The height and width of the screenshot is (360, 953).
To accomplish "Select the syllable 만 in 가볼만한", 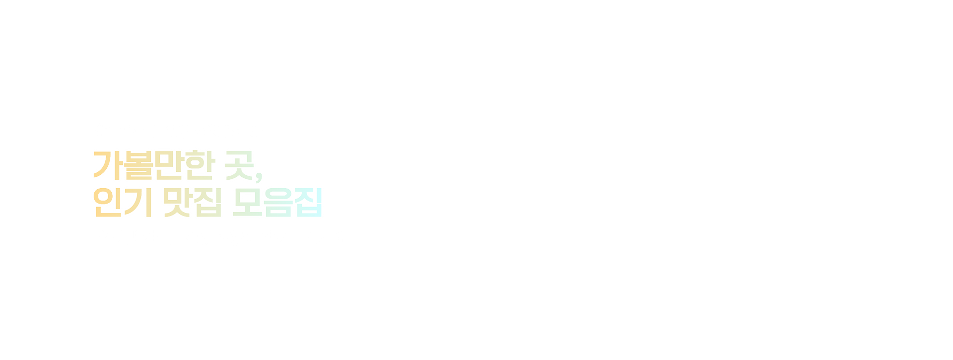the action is tap(169, 165).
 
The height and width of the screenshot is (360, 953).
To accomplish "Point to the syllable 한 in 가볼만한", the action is tap(200, 165).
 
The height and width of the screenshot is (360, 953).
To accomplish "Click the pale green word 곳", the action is tap(239, 165).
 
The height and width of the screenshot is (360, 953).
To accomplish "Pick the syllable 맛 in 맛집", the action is tap(177, 202).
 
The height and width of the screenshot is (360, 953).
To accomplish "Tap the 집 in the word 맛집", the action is tap(207, 202).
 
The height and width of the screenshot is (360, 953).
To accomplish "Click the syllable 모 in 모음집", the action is tap(247, 202).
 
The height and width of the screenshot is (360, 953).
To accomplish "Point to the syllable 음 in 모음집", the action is tap(278, 202).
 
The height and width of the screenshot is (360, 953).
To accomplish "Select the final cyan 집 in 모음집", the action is tap(308, 202).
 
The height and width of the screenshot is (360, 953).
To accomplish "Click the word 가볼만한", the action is tap(154, 165).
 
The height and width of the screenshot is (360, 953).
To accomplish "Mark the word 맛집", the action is tap(192, 202).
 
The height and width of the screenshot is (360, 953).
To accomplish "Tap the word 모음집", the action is tap(277, 202).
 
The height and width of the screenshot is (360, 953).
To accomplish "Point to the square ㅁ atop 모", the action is tap(247, 196).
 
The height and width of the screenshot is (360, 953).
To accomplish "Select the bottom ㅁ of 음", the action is tap(278, 212).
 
